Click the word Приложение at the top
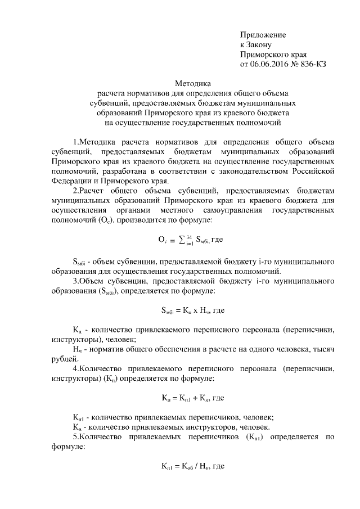tap(263, 35)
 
